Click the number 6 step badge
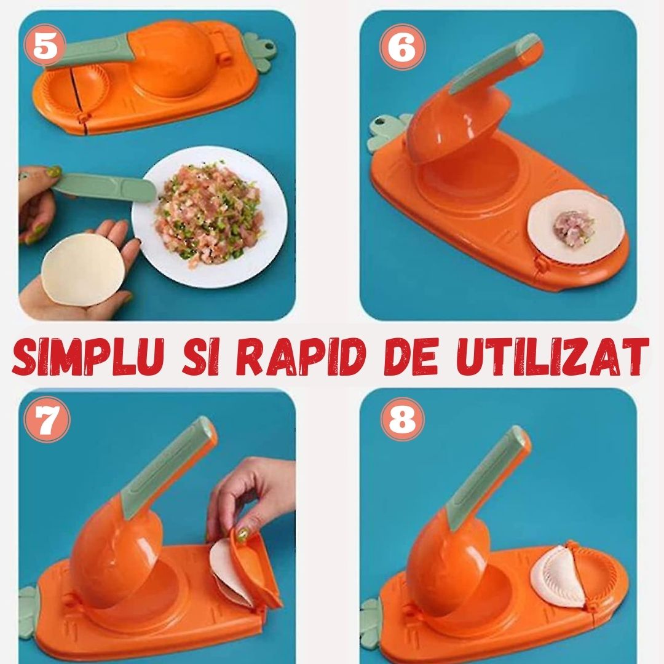point(403,49)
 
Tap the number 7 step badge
point(47,423)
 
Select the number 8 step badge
point(402,422)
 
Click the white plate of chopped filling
point(209,215)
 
